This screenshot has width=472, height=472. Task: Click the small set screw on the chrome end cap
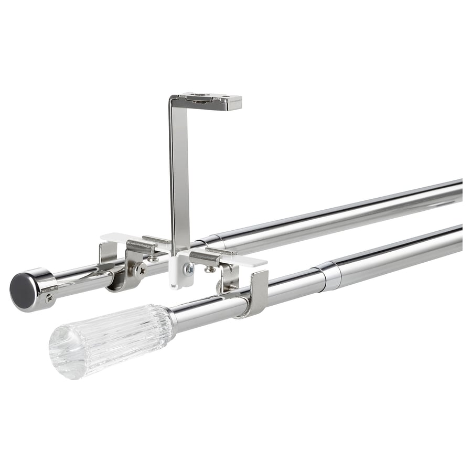(49, 298)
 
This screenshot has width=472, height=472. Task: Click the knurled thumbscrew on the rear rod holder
(140, 270)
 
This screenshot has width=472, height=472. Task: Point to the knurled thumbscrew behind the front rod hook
(222, 286)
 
